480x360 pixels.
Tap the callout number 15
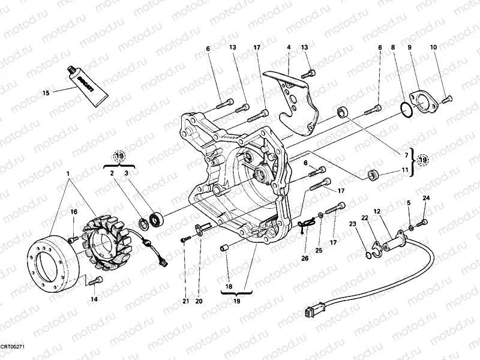coord(46,93)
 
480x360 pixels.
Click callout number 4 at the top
coord(289,47)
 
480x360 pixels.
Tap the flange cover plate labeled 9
coord(419,100)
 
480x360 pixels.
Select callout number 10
coord(433,47)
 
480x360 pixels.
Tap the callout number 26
coord(304,259)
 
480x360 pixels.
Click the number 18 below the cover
coord(228,271)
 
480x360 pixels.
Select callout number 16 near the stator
coord(74,211)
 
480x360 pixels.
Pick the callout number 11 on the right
coord(406,171)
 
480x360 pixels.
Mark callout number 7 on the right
coord(406,155)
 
